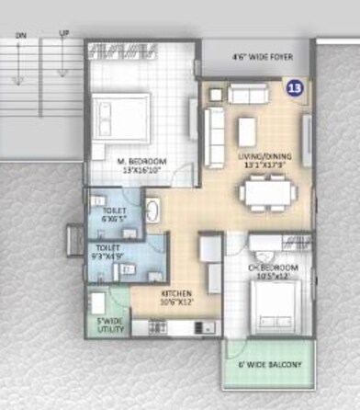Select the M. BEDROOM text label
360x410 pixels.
pyautogui.click(x=140, y=165)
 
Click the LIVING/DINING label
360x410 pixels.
pyautogui.click(x=264, y=158)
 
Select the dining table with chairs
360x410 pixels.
pyautogui.click(x=268, y=192)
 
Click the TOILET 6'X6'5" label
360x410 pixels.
pyautogui.click(x=113, y=215)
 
